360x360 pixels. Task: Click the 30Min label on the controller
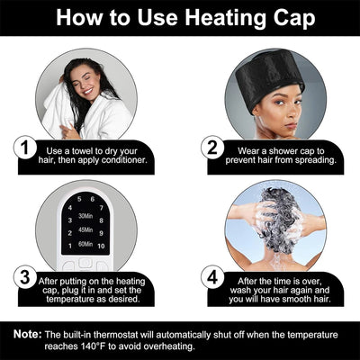click(88, 216)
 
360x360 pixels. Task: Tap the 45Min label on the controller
click(88, 230)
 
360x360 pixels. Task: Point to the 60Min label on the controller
click(88, 244)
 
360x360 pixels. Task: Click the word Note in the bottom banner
click(26, 335)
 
